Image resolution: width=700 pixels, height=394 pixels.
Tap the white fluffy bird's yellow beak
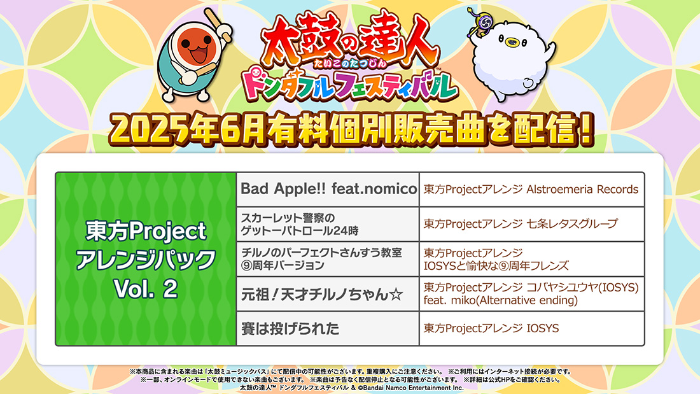click(510, 43)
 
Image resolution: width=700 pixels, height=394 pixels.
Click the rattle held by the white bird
click(478, 22)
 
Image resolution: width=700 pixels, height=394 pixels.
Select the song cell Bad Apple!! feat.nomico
click(328, 190)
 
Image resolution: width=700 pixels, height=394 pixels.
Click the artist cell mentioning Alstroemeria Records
click(532, 190)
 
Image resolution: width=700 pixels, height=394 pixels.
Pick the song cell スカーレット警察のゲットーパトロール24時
click(328, 224)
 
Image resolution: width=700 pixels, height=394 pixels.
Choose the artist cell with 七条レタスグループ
click(532, 224)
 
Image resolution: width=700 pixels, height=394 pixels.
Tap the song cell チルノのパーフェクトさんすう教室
click(328, 259)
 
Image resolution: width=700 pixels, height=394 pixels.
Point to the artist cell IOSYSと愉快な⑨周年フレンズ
click(532, 259)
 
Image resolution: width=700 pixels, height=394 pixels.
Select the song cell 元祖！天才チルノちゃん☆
click(328, 294)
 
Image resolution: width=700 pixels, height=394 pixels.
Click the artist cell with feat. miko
click(532, 294)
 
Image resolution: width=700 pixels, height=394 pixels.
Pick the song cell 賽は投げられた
click(328, 329)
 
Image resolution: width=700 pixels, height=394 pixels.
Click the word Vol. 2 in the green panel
click(146, 289)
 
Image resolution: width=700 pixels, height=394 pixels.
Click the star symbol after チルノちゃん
click(396, 294)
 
